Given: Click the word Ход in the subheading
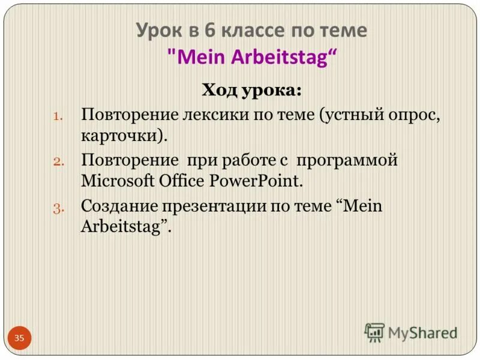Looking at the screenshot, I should click(220, 91).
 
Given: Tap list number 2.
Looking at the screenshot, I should click(58, 162).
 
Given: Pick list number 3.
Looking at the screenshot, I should click(58, 208).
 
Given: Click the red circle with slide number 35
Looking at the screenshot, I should click(19, 338).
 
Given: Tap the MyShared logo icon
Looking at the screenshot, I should click(374, 332).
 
